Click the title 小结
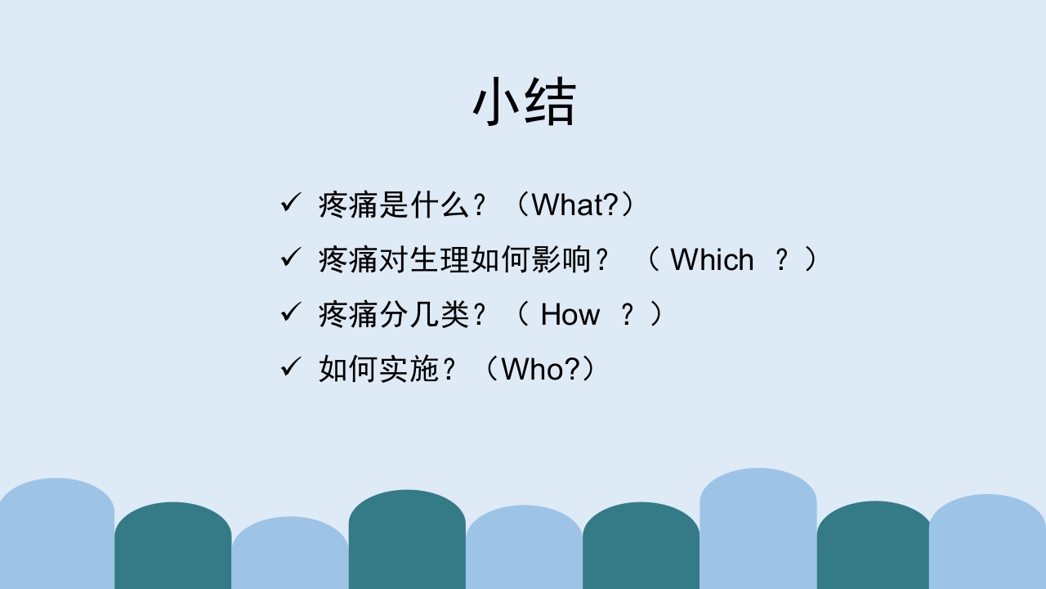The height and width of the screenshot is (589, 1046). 524,102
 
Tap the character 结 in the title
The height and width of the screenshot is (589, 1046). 550,102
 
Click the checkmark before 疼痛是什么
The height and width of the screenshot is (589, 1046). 290,203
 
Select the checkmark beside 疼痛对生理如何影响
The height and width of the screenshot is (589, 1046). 290,258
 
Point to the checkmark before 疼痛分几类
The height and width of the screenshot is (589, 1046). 290,312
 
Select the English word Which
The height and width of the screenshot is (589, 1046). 712,259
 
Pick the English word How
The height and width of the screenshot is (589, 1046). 570,314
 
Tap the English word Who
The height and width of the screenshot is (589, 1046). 532,369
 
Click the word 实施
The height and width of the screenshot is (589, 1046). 410,369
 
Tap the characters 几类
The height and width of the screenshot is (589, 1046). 441,314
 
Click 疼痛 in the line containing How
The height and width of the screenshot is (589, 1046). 349,314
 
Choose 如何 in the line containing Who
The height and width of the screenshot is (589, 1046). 349,369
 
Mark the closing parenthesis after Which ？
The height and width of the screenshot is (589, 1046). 811,259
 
